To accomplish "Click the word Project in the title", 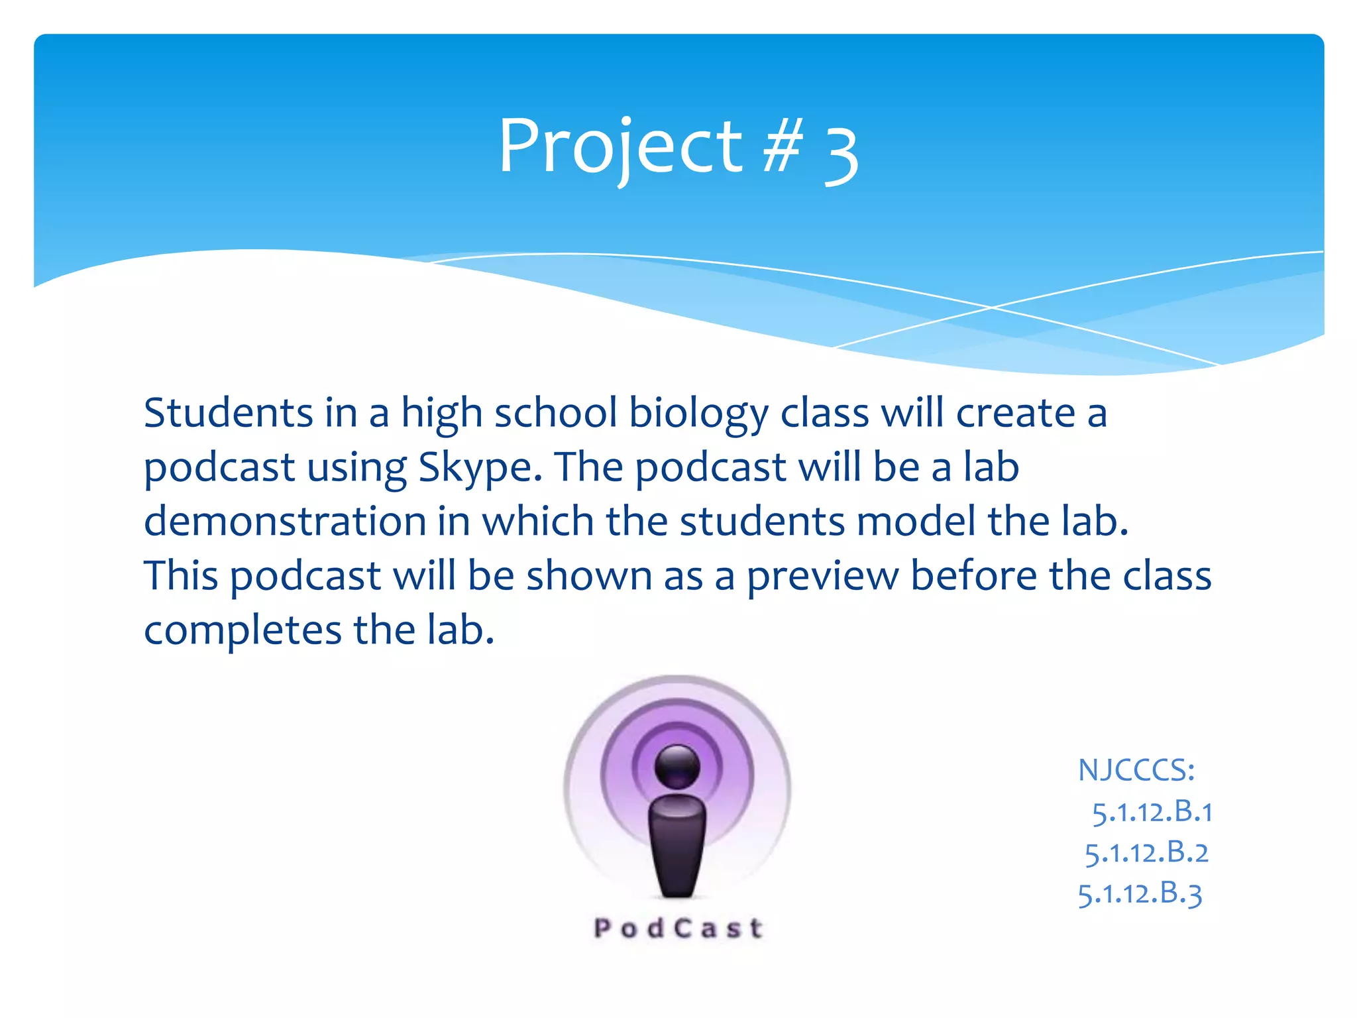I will pyautogui.click(x=620, y=147).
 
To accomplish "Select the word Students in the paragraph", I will pyautogui.click(x=228, y=413).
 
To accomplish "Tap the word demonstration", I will pyautogui.click(x=285, y=521).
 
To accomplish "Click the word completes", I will pyautogui.click(x=243, y=631).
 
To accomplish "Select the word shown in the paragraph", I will pyautogui.click(x=589, y=575).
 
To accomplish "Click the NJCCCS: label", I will pyautogui.click(x=1136, y=770).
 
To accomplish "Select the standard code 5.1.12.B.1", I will pyautogui.click(x=1152, y=812).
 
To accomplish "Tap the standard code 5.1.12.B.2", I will pyautogui.click(x=1146, y=853).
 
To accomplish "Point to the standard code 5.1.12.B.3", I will pyautogui.click(x=1140, y=894).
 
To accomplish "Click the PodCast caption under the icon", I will pyautogui.click(x=678, y=928).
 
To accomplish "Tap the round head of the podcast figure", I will pyautogui.click(x=677, y=766).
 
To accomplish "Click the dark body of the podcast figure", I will pyautogui.click(x=677, y=844).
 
